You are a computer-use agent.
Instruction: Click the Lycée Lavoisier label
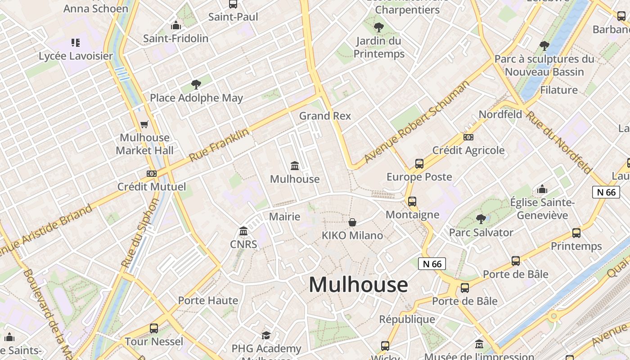(76, 56)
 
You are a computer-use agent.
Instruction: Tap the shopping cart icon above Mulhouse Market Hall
(144, 125)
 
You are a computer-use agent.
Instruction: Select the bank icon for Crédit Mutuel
(152, 173)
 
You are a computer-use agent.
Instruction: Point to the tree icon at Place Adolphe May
(196, 84)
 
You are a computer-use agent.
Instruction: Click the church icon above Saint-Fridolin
(176, 25)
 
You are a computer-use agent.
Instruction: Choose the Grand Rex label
(325, 116)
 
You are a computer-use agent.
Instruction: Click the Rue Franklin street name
(219, 145)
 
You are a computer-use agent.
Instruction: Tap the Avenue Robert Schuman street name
(416, 121)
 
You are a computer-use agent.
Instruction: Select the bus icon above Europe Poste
(419, 164)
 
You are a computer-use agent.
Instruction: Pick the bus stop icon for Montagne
(412, 202)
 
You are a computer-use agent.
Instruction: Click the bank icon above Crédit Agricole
(468, 137)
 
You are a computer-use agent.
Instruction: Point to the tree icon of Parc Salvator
(481, 219)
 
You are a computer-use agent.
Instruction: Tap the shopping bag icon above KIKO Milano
(352, 222)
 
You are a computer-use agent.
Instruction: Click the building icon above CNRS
(243, 231)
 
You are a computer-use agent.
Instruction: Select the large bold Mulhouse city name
(358, 284)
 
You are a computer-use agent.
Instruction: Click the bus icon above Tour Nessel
(154, 328)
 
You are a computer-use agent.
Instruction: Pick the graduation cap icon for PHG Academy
(266, 335)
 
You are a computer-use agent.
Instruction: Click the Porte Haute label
(208, 300)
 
